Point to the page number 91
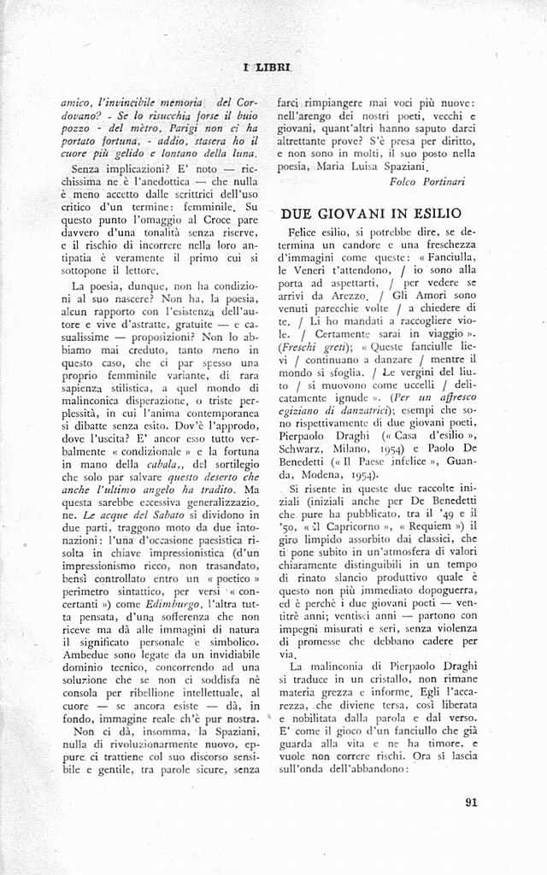tap(473, 802)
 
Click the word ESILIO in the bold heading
tap(432, 213)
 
